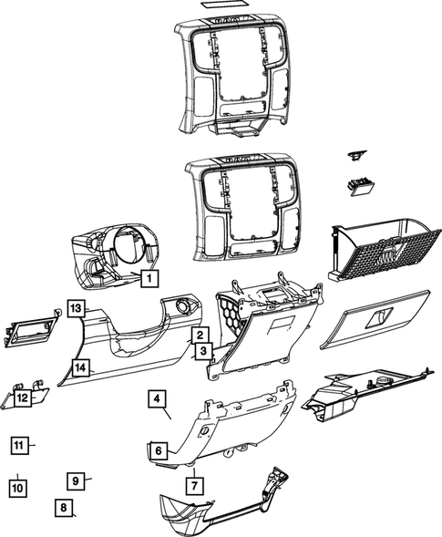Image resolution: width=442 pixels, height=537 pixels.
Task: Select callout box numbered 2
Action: (198, 336)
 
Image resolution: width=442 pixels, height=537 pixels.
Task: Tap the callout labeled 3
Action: (202, 350)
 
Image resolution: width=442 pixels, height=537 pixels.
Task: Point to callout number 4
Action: (157, 399)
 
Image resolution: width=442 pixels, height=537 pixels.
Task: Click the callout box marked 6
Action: (158, 450)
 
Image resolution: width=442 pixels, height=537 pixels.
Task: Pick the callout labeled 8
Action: (63, 509)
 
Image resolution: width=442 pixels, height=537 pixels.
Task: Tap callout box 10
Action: (17, 488)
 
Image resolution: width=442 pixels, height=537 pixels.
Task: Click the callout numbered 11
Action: (20, 445)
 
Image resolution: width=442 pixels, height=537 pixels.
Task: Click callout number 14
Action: (81, 367)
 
